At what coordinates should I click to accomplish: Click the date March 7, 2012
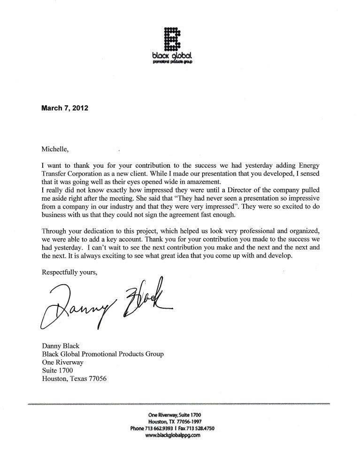pos(64,107)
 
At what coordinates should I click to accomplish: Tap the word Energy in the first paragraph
pos(306,165)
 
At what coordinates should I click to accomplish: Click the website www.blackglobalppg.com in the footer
pos(174,435)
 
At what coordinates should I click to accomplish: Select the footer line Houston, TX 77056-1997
pos(174,421)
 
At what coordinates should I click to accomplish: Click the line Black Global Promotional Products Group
pos(103,354)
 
